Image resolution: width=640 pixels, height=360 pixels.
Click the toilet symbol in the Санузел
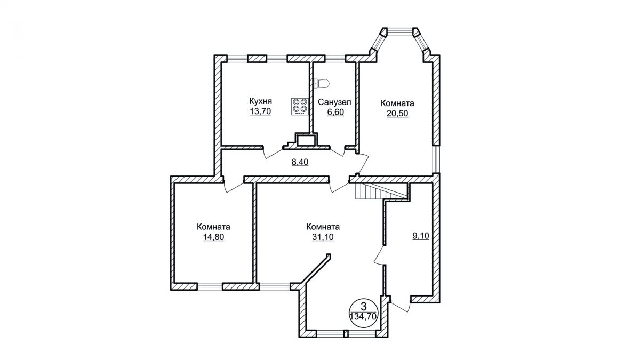pyautogui.click(x=322, y=83)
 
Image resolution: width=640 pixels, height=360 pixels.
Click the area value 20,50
pyautogui.click(x=397, y=113)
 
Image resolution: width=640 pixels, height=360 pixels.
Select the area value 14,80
pyautogui.click(x=213, y=237)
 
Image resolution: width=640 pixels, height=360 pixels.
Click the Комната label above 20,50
pyautogui.click(x=397, y=102)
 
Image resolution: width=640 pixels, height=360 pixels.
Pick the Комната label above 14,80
pyautogui.click(x=213, y=226)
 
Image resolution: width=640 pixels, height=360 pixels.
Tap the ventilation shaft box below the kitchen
pyautogui.click(x=307, y=141)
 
